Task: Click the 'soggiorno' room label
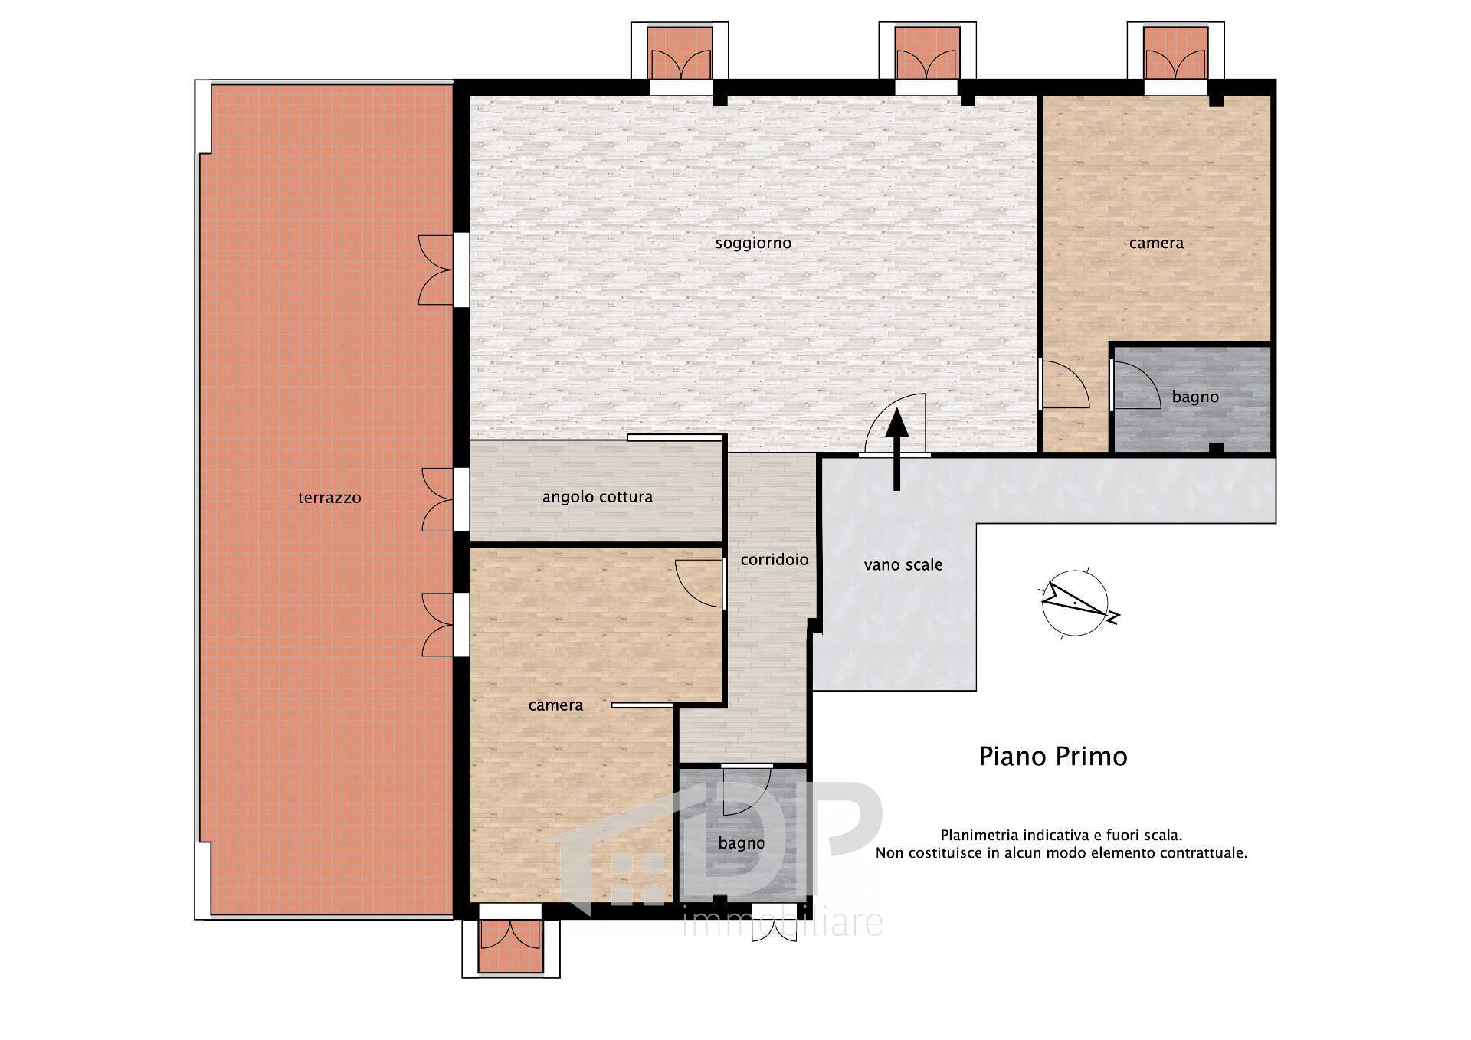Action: coord(753,244)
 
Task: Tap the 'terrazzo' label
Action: coord(329,498)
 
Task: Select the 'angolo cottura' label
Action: coord(598,497)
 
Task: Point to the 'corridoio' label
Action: coord(775,560)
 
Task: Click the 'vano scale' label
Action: coord(903,565)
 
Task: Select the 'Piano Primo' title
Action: coord(1053,757)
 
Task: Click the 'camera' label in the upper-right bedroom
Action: coord(1156,243)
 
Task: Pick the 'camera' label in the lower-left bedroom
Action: coord(555,705)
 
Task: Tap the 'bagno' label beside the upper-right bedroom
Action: coord(1195,397)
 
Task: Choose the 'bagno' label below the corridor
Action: coord(742,843)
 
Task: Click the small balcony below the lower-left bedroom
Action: coord(510,947)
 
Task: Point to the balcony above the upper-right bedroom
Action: coord(1175,52)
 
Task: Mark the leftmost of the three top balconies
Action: coord(680,52)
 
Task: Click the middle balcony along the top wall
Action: coord(927,52)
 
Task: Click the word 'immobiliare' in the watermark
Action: coord(782,923)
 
